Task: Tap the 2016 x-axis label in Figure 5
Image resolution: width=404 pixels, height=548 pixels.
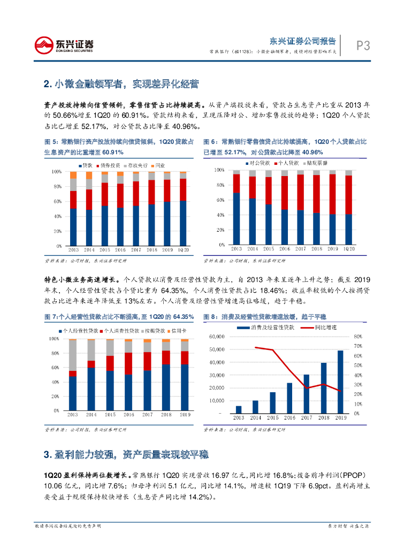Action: (120, 250)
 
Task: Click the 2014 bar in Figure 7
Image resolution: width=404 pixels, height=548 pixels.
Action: (92, 375)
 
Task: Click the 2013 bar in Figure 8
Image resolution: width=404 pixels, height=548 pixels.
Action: (239, 409)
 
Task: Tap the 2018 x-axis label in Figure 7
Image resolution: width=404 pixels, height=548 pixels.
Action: (167, 415)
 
